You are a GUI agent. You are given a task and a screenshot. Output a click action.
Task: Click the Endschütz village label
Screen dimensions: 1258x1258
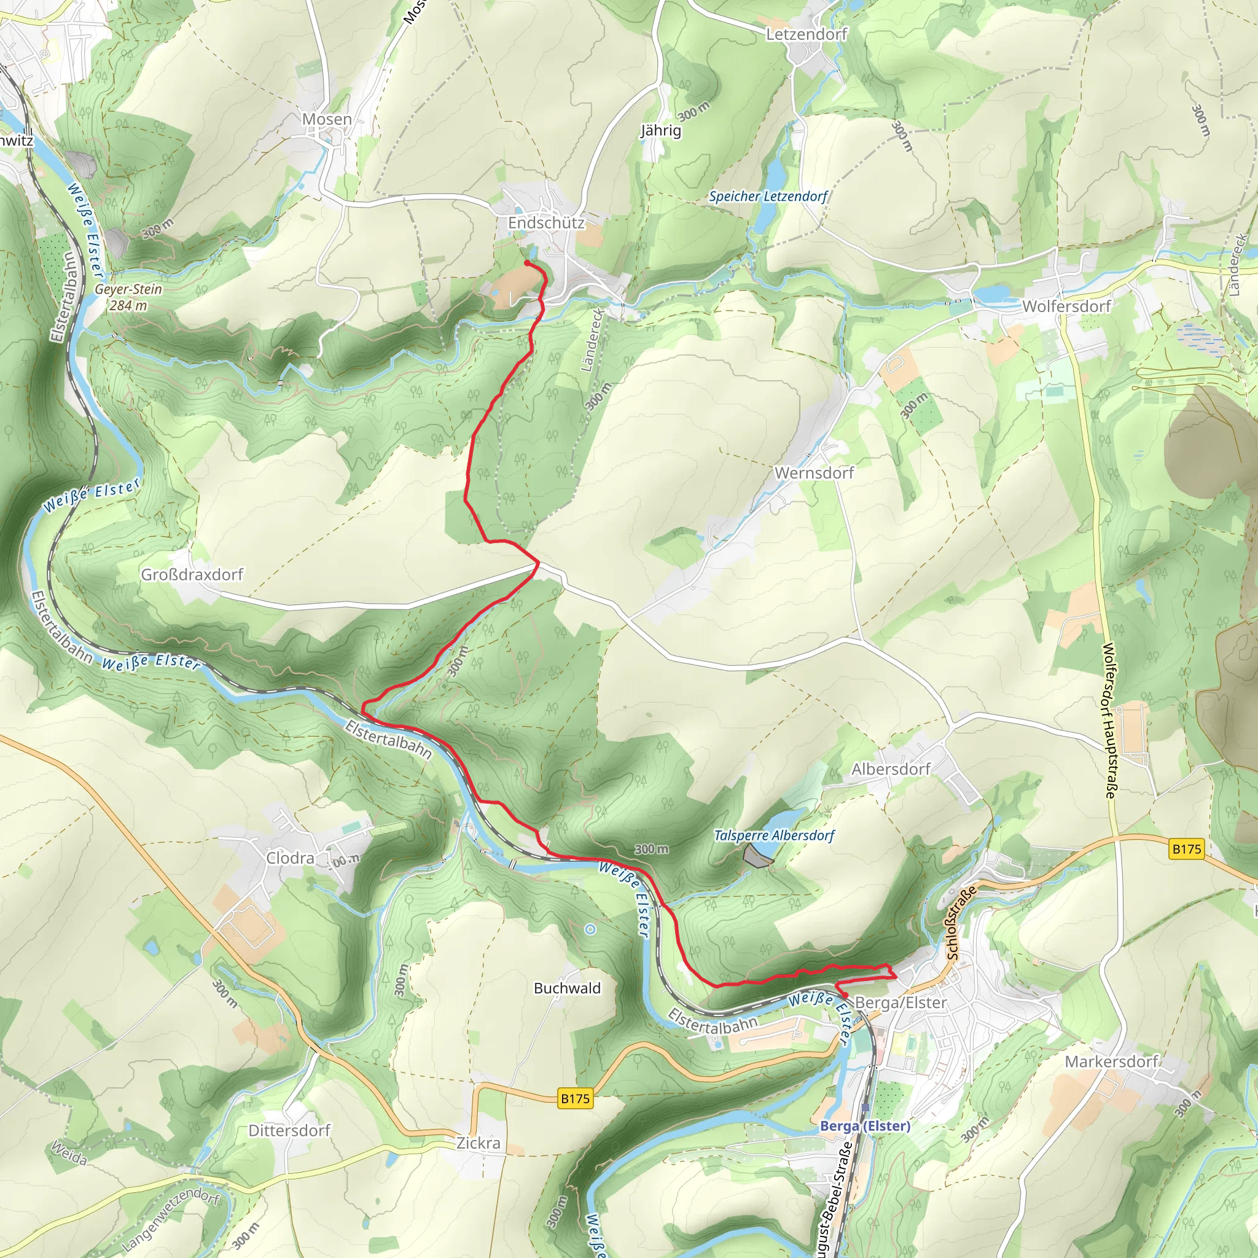(545, 223)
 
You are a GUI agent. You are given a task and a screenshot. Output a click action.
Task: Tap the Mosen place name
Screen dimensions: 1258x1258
(327, 119)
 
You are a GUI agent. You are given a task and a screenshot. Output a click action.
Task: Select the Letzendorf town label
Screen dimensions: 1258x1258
(806, 34)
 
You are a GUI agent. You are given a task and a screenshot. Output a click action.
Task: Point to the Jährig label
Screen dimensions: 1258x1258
(661, 130)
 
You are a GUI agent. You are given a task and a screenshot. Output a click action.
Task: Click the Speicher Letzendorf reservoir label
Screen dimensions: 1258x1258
(768, 196)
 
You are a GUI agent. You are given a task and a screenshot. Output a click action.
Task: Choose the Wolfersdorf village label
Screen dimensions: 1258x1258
(1066, 306)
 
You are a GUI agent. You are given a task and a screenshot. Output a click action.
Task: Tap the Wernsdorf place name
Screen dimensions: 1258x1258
(814, 473)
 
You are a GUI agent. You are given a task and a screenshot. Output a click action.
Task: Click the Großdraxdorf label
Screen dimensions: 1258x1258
(192, 574)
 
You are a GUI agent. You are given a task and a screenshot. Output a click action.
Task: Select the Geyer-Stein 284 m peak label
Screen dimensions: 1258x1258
(128, 297)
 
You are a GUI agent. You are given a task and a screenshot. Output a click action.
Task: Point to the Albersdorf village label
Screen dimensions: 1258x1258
(891, 769)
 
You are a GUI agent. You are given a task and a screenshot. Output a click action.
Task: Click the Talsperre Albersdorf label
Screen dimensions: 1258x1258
(773, 835)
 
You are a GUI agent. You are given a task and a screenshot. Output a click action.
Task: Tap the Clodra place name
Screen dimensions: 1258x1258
(290, 858)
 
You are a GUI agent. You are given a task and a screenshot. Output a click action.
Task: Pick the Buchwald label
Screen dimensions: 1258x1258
(567, 988)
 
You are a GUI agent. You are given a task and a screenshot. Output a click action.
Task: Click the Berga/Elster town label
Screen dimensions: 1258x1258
(901, 1002)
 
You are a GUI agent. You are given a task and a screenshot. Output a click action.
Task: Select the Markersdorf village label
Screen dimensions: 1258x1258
(1111, 1061)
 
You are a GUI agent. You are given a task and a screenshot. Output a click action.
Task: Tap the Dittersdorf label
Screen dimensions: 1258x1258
(289, 1130)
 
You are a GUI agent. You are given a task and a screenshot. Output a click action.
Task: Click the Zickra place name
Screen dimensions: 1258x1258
(478, 1143)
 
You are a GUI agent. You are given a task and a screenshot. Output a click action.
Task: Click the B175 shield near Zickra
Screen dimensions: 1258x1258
(575, 1098)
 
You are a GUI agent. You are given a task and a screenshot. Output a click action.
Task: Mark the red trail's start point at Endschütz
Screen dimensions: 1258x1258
(526, 263)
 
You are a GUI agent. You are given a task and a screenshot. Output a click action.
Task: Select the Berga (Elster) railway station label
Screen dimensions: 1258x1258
(865, 1126)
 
